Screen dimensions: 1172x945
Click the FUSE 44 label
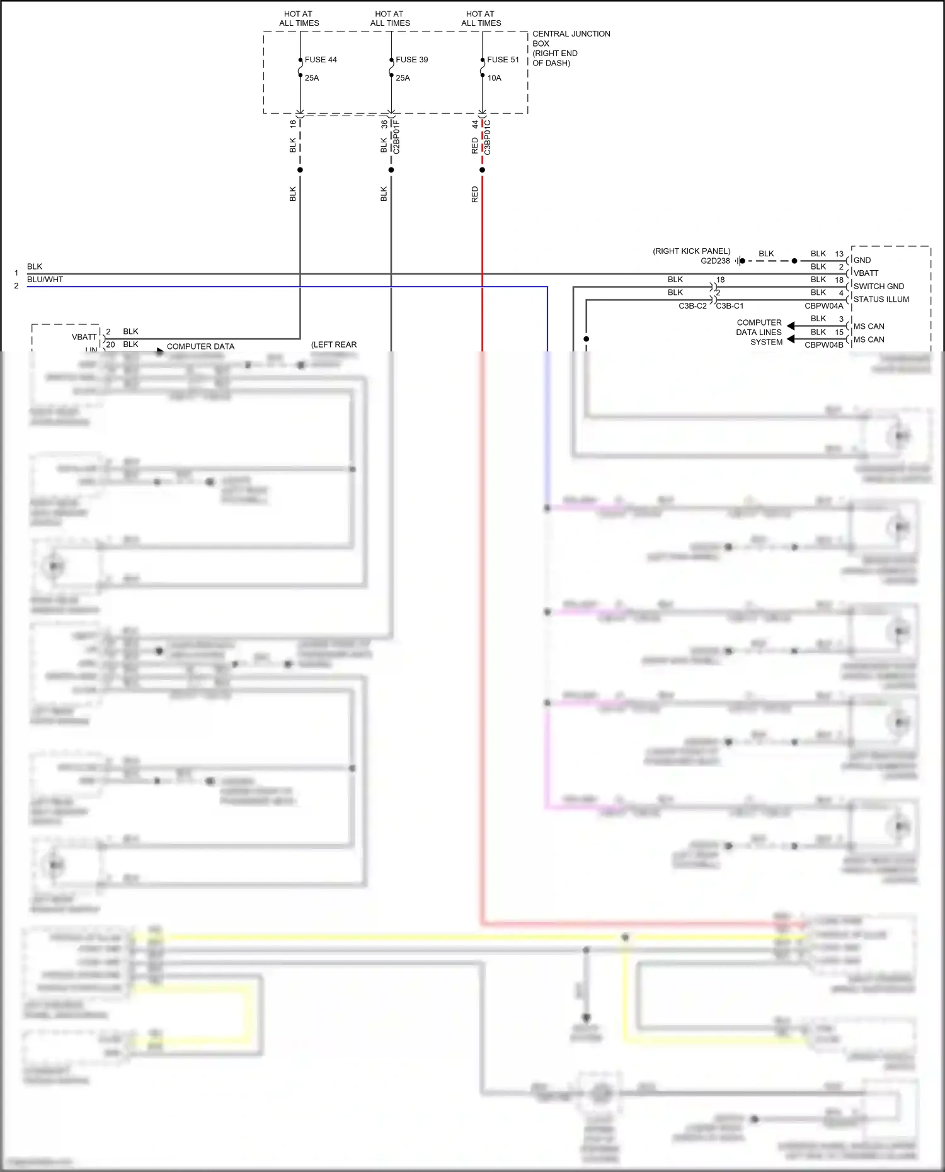[x=321, y=60]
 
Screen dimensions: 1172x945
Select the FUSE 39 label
[x=411, y=60]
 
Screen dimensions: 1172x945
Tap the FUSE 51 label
[x=503, y=60]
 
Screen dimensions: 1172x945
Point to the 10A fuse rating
[x=494, y=78]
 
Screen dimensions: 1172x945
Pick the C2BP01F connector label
[x=397, y=137]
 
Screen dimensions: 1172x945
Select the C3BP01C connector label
[x=488, y=137]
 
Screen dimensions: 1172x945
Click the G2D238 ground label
[x=715, y=261]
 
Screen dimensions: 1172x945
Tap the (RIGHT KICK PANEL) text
[x=691, y=251]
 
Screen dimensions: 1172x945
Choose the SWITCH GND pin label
[x=878, y=286]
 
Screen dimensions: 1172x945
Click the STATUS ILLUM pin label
[x=881, y=299]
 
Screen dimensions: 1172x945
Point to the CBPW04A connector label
[x=823, y=306]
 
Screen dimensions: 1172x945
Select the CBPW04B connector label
[x=823, y=345]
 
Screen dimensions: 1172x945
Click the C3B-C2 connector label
[x=692, y=306]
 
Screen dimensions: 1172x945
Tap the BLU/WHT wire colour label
[x=45, y=280]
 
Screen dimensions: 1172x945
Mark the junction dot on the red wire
[x=483, y=170]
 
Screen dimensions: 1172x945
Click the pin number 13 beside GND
[x=839, y=254]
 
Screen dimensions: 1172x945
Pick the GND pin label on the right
[x=862, y=260]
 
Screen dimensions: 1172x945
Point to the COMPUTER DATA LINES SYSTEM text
[x=759, y=332]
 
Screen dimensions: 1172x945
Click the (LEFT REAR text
[x=334, y=344]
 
